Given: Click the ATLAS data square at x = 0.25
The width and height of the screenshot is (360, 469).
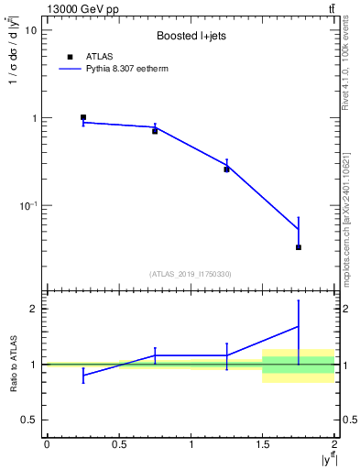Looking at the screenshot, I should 82,117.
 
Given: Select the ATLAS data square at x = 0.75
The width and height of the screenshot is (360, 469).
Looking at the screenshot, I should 155,131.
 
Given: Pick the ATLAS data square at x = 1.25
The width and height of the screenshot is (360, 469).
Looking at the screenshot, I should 226,169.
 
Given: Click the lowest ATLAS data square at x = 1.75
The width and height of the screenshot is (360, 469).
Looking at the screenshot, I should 299,247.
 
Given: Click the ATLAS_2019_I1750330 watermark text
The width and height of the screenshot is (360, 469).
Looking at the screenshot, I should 191,274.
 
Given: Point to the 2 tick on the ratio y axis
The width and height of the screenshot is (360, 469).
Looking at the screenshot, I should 33,309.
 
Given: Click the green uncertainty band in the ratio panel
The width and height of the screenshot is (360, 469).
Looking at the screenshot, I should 299,365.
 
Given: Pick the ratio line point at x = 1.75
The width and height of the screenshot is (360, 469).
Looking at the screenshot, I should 299,326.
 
